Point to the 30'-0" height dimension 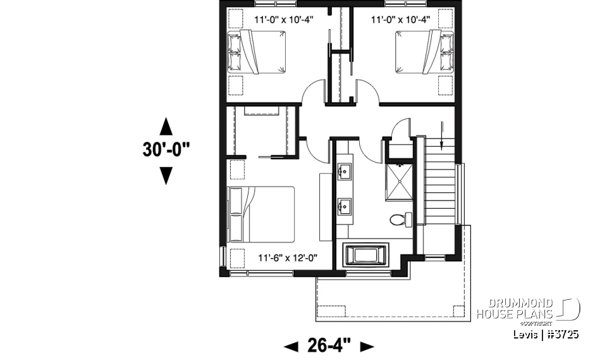pos(166,150)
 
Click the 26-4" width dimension pos(329,345)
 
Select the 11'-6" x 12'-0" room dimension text pos(288,258)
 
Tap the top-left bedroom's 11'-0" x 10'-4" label pos(284,19)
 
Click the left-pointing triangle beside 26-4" pos(291,346)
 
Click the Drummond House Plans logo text pos(515,309)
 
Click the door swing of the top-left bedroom pos(314,94)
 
